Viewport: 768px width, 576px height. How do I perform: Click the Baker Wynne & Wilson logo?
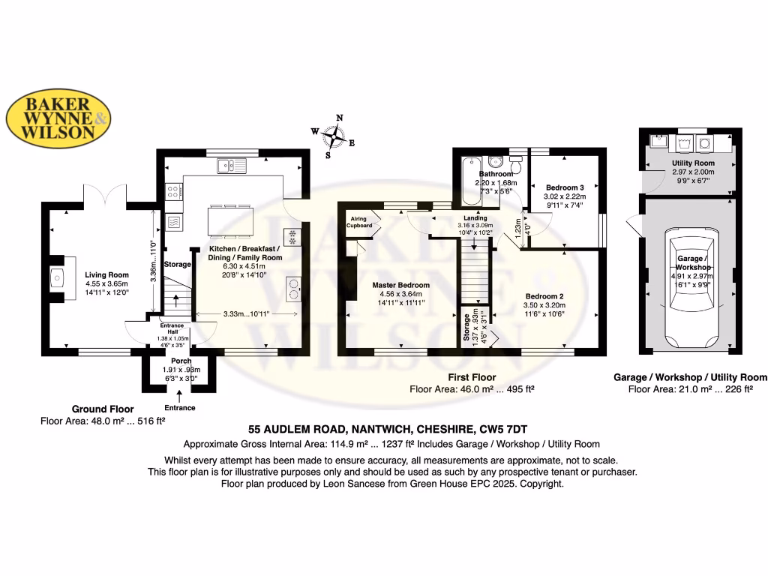point(59,119)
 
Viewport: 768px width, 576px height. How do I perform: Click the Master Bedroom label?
point(400,285)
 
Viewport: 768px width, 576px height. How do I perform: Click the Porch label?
point(181,361)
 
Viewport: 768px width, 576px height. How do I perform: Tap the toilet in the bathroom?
point(495,161)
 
